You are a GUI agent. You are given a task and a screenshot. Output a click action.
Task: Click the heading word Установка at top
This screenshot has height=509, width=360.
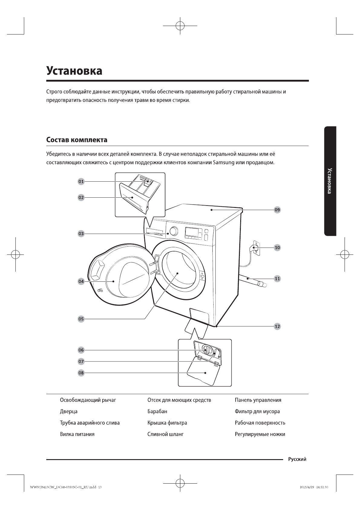tap(74, 71)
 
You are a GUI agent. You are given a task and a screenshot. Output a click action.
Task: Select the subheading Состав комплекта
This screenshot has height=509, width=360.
tap(77, 140)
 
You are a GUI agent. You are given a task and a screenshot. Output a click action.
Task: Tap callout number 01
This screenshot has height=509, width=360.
tap(81, 181)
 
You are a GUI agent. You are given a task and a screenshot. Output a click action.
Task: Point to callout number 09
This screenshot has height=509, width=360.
tap(277, 210)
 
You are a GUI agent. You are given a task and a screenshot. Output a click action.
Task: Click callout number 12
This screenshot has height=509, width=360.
tap(277, 326)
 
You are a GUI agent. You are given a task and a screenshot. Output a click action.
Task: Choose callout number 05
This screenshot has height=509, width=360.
tap(81, 319)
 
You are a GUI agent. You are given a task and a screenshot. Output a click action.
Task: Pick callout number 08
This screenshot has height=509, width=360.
tap(81, 373)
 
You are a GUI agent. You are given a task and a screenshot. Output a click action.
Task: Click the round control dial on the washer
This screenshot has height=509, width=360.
tap(174, 231)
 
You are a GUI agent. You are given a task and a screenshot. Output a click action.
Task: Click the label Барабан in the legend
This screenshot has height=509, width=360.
tap(157, 411)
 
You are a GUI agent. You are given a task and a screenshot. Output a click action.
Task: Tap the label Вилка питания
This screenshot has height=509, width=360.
tap(77, 434)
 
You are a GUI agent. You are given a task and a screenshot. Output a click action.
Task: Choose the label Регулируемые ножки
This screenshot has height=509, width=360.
tap(260, 434)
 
